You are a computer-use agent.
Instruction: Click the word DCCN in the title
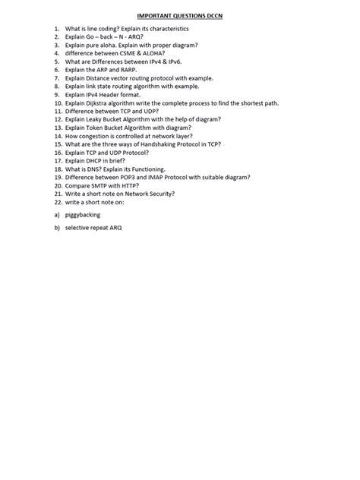click(x=219, y=14)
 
